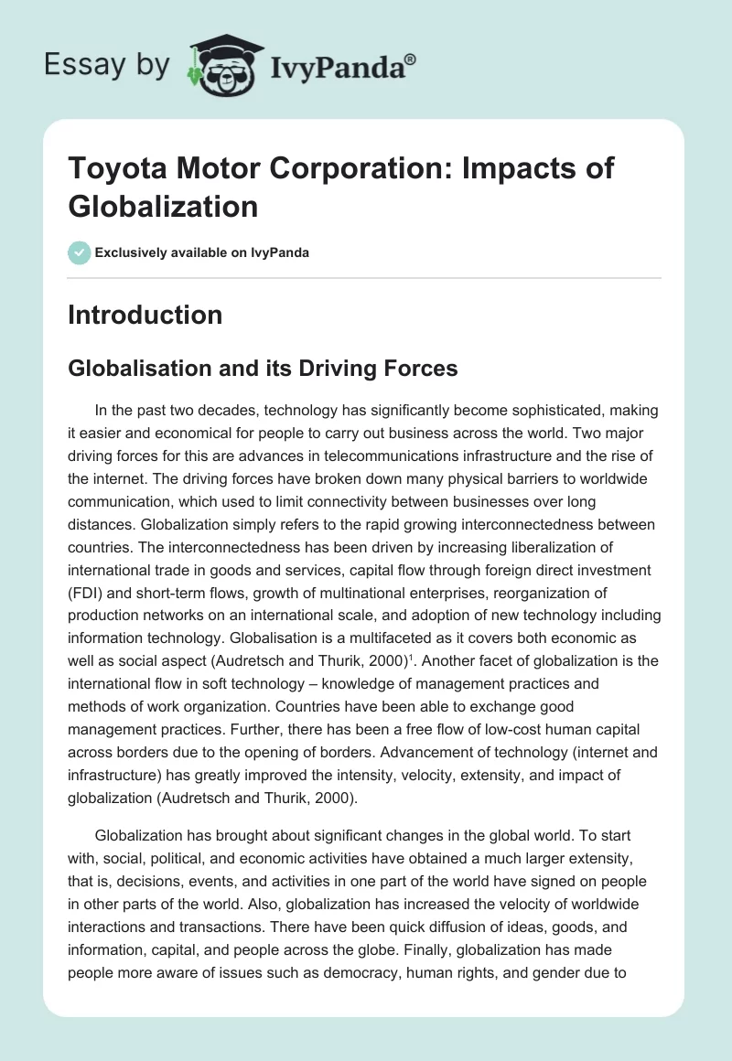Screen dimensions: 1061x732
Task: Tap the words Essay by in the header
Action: (107, 64)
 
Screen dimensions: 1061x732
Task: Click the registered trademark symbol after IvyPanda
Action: (411, 59)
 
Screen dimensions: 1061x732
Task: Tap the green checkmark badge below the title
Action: (79, 252)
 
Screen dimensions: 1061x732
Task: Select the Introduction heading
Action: (145, 315)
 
